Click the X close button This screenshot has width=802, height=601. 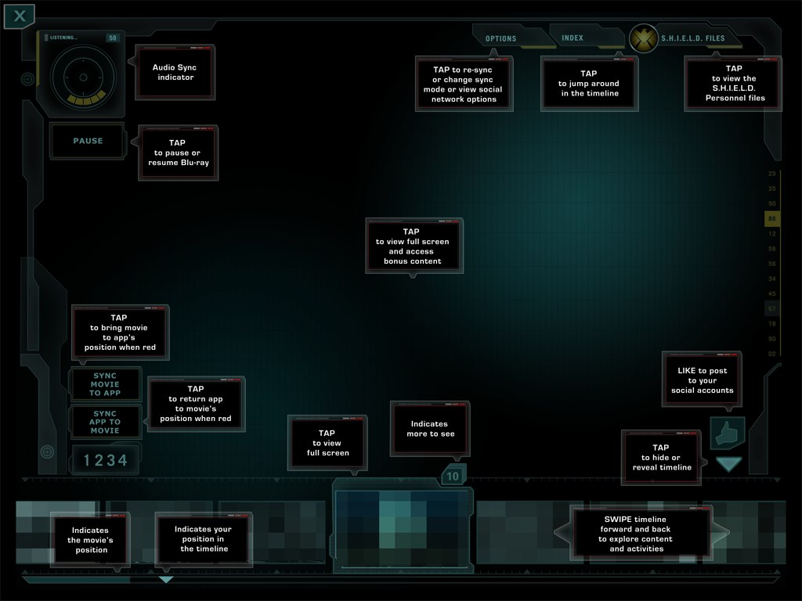pyautogui.click(x=20, y=16)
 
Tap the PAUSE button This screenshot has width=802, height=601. pyautogui.click(x=88, y=141)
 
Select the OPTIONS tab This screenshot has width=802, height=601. pyautogui.click(x=501, y=38)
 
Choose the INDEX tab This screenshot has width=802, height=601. pyautogui.click(x=573, y=38)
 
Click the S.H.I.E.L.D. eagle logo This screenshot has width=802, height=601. pyautogui.click(x=645, y=38)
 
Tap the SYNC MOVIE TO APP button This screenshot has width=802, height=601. pyautogui.click(x=105, y=384)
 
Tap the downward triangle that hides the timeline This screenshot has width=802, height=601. pyautogui.click(x=728, y=464)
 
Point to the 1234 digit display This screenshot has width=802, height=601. pyautogui.click(x=105, y=460)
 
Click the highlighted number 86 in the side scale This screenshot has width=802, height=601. pyautogui.click(x=772, y=219)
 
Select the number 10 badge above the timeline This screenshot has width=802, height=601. pyautogui.click(x=453, y=476)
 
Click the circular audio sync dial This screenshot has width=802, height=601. pyautogui.click(x=82, y=77)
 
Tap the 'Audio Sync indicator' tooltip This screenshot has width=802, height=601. pyautogui.click(x=175, y=72)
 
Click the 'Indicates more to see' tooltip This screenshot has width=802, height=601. pyautogui.click(x=430, y=429)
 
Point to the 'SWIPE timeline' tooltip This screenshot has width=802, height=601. pyautogui.click(x=641, y=534)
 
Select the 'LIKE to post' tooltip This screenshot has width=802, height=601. pyautogui.click(x=702, y=380)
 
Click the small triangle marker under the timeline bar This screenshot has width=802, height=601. pyautogui.click(x=166, y=580)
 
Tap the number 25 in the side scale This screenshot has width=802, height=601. pyautogui.click(x=772, y=174)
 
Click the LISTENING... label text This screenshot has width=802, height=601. pyautogui.click(x=64, y=38)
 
